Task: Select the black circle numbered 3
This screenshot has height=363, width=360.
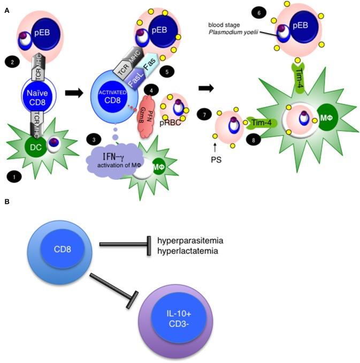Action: click(x=93, y=140)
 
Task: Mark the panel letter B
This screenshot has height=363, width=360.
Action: click(x=6, y=202)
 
